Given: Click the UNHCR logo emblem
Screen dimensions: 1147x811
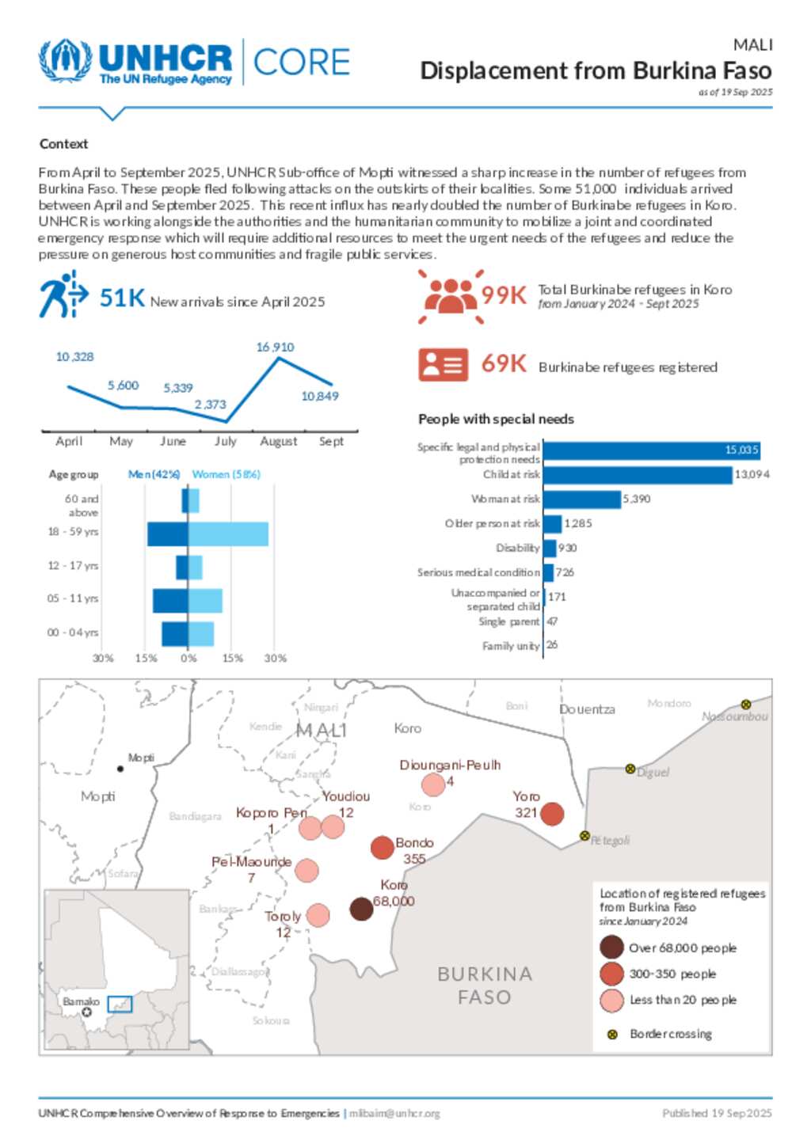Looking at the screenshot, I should (x=66, y=61).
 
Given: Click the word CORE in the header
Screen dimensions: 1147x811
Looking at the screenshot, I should (x=301, y=63).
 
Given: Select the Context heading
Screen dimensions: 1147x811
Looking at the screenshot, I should (x=63, y=144).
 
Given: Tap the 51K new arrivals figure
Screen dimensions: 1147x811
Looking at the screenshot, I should (x=122, y=298).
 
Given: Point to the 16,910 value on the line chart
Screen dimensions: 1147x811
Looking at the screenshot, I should (x=275, y=348).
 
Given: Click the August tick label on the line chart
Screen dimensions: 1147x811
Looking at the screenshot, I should (x=278, y=442).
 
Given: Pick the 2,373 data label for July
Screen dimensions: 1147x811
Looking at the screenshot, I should (x=211, y=404).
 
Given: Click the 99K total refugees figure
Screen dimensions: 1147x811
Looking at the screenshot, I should (x=504, y=295).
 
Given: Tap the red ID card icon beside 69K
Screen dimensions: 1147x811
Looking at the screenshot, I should (x=443, y=365).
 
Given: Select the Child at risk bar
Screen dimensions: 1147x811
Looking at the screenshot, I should (x=638, y=475).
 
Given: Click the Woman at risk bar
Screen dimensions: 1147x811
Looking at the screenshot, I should (x=582, y=499).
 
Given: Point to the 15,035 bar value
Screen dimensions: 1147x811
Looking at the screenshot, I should (x=741, y=450).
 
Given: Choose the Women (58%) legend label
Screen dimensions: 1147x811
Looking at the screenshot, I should (x=226, y=474).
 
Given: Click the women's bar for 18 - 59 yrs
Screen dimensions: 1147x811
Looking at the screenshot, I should (x=228, y=534).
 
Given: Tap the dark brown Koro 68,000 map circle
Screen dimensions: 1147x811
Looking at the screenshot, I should (x=361, y=909).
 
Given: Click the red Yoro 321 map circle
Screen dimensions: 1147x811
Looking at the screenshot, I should (x=551, y=813).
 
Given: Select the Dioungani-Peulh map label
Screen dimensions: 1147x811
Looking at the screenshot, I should (x=450, y=765).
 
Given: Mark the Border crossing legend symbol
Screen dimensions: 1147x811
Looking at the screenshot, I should (x=612, y=1035).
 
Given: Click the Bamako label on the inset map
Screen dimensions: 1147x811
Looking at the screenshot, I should (x=81, y=1001).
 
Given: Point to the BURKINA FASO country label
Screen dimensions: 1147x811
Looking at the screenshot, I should (x=485, y=986).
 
